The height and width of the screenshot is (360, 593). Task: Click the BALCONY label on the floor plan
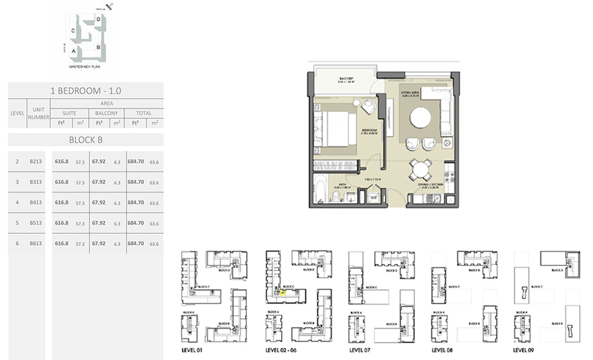click(344, 79)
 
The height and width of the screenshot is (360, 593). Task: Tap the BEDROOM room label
click(369, 130)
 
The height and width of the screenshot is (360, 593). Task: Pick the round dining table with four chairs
click(420, 170)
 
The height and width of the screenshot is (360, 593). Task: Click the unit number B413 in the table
click(35, 202)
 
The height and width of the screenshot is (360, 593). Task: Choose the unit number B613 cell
click(35, 243)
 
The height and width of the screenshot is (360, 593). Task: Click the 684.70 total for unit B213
click(136, 161)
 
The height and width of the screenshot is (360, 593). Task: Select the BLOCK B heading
click(85, 140)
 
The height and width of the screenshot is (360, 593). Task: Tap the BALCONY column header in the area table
click(107, 113)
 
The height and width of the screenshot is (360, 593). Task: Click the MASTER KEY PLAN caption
click(84, 69)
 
